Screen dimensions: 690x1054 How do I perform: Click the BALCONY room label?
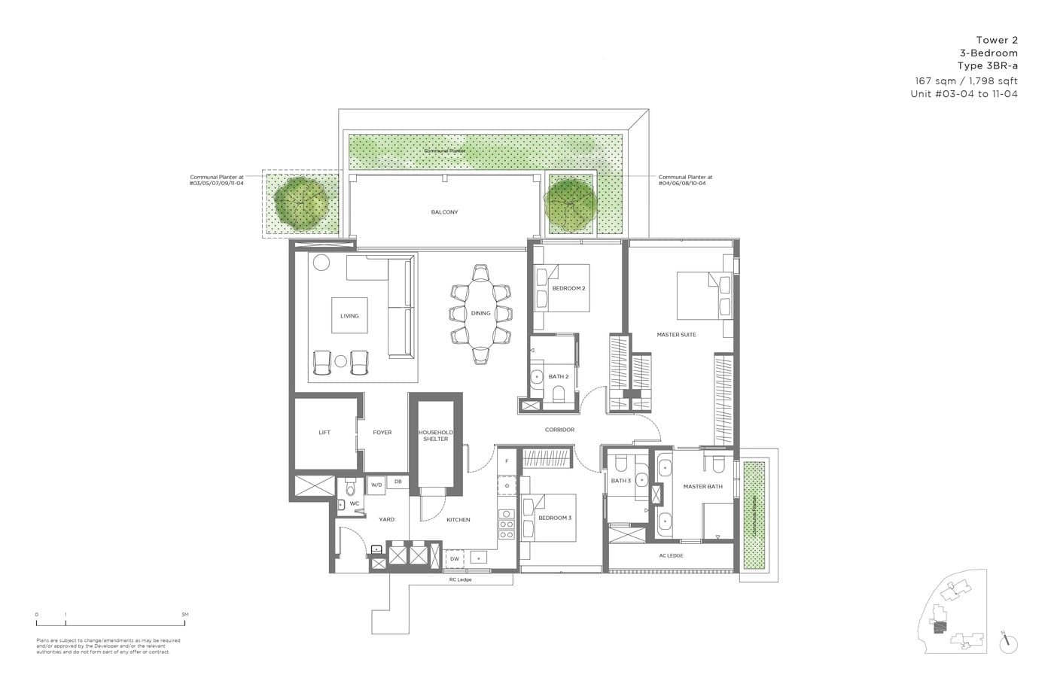coord(444,212)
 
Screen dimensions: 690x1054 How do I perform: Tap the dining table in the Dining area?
coord(481,313)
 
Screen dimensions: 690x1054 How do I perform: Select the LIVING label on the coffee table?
coord(349,316)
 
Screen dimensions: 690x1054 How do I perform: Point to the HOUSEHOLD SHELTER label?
coord(435,435)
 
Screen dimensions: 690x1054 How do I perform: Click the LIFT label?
coord(324,433)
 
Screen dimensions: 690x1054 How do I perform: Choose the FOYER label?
coord(382,433)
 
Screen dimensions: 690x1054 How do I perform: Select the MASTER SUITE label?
coord(676,335)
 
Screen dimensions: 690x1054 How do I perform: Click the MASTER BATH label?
coord(702,487)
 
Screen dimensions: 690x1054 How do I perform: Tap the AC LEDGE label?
coord(671,555)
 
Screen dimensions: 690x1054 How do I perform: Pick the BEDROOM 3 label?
coord(555,518)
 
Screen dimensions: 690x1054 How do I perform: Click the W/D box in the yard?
coord(376,485)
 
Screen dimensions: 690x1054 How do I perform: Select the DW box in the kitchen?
coord(455,559)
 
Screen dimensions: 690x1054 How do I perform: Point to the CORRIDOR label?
coord(559,430)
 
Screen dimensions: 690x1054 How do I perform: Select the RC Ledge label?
coord(459,580)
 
